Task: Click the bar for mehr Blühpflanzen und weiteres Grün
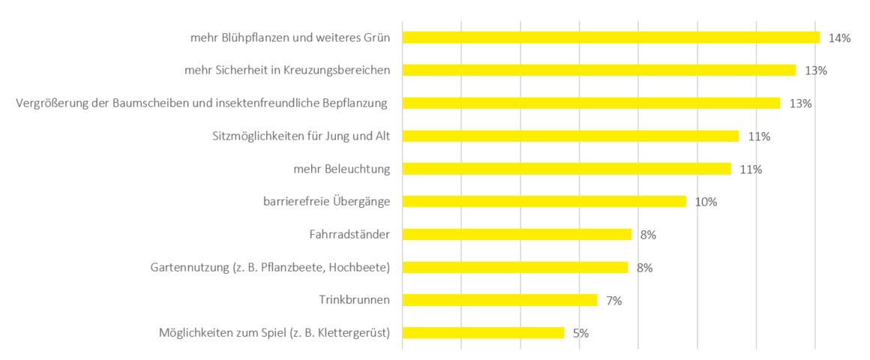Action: click(610, 37)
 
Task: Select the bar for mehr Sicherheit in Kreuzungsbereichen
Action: click(598, 70)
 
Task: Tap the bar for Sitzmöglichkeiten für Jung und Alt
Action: click(570, 136)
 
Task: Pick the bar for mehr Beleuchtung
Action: click(566, 169)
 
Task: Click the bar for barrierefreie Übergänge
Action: click(544, 201)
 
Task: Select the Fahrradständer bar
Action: click(517, 234)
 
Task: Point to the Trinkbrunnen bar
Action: click(499, 300)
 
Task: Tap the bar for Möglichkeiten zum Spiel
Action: click(483, 332)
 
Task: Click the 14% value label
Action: click(839, 38)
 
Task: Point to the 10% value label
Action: click(706, 202)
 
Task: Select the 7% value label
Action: click(614, 301)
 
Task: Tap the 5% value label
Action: click(580, 333)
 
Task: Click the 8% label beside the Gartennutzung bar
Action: click(644, 268)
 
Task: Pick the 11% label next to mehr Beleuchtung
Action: click(751, 169)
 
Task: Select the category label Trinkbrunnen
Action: click(354, 300)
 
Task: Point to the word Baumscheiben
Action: click(148, 103)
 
